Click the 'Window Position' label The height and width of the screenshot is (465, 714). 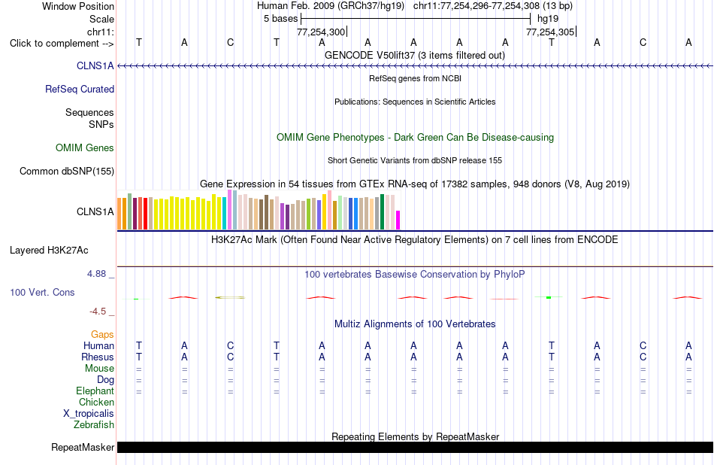tap(78, 6)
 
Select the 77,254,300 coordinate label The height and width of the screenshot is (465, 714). tap(321, 32)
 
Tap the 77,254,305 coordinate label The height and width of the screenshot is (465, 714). tap(550, 32)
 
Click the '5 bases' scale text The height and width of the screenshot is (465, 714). tap(280, 19)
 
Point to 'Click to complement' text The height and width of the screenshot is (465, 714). tap(54, 44)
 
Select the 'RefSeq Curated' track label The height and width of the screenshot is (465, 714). tap(80, 89)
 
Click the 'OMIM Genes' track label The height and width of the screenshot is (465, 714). tap(85, 147)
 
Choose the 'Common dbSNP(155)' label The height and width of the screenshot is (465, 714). tap(67, 171)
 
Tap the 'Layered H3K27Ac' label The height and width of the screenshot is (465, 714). tap(49, 251)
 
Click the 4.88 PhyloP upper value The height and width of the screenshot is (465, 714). tap(96, 274)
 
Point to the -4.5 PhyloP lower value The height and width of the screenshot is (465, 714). tap(98, 312)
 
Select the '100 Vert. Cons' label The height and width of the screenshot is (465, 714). tap(42, 292)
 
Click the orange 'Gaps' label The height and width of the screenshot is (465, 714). tap(102, 335)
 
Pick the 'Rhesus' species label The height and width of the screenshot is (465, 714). tap(98, 357)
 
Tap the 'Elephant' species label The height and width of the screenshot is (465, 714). tap(95, 391)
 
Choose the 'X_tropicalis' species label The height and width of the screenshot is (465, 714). tap(89, 414)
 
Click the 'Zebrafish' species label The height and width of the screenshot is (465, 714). tap(94, 424)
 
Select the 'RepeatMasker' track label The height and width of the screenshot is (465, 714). tap(83, 447)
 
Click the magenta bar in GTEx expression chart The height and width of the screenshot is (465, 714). tap(398, 220)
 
